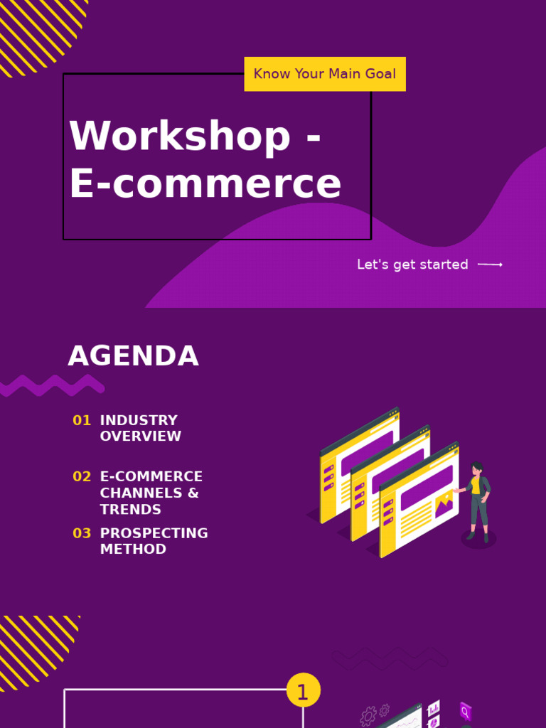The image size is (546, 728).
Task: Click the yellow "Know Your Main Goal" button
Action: point(325,74)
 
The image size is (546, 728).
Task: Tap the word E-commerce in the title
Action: point(205,183)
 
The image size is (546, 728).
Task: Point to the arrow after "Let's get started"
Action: point(490,264)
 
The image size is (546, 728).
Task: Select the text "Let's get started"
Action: point(412,264)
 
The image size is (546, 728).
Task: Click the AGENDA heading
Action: point(133,356)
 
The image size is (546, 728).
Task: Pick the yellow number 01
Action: point(82,420)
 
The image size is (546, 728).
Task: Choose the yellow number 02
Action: point(82,476)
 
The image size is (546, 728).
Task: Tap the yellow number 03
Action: point(82,533)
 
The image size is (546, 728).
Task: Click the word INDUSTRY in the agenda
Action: point(139,420)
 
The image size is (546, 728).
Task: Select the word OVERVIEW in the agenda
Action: point(141,437)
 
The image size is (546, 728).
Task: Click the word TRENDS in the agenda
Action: point(131,509)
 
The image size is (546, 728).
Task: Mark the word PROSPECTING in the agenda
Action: point(154,533)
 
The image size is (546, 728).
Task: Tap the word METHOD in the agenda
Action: point(133,550)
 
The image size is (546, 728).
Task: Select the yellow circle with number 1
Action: point(304,691)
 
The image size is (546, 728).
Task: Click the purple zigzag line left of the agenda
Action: point(53,386)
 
